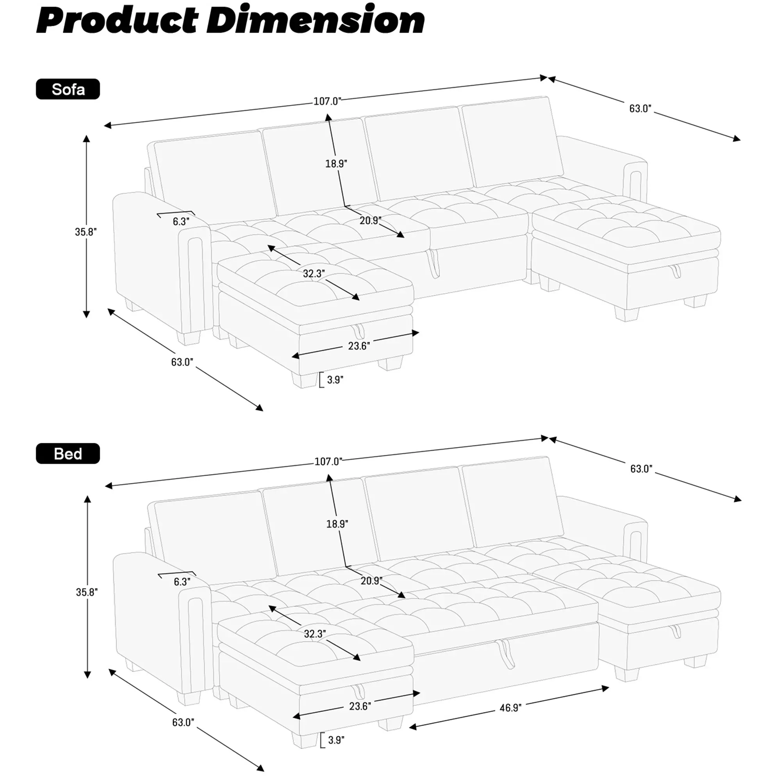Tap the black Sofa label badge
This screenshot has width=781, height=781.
(x=68, y=89)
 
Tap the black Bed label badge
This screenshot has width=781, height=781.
(x=68, y=453)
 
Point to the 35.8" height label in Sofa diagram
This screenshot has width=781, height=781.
(x=86, y=232)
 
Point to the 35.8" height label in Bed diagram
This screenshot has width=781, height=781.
(x=87, y=592)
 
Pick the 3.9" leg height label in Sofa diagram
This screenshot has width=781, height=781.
(x=335, y=380)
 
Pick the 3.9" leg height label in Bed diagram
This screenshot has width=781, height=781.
(x=336, y=740)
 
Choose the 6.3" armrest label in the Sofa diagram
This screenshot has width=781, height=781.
(x=181, y=221)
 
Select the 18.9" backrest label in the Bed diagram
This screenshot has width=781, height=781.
(x=337, y=524)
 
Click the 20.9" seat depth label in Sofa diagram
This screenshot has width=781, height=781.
(x=371, y=220)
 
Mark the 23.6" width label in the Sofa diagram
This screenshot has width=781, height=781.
(x=359, y=346)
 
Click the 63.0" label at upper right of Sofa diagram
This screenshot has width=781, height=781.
(x=640, y=108)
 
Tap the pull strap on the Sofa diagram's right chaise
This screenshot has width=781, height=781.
(x=676, y=271)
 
